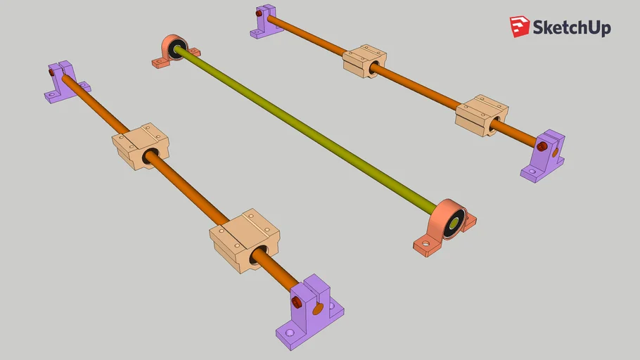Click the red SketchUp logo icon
[x=520, y=27]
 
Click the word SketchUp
[x=571, y=27]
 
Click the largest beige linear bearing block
[x=244, y=239]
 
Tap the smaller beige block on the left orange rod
[x=141, y=146]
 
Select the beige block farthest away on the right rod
[x=364, y=60]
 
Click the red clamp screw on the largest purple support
[x=296, y=302]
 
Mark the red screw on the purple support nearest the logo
[x=260, y=13]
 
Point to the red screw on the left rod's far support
[x=51, y=71]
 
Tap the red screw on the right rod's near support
[x=542, y=146]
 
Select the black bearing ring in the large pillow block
[x=454, y=223]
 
